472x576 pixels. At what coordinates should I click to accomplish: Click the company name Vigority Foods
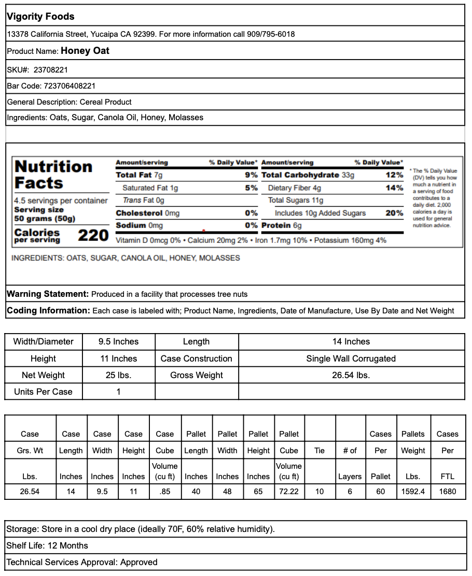40,17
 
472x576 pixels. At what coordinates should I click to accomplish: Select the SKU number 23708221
51,69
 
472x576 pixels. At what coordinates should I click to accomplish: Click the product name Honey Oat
85,51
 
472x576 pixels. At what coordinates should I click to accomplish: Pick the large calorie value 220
93,236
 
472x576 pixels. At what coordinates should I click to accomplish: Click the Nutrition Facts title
53,175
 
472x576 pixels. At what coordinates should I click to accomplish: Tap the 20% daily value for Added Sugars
394,213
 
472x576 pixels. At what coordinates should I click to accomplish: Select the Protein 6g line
282,225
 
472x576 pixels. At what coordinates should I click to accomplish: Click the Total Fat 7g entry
139,175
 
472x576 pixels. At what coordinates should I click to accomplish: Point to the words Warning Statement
48,294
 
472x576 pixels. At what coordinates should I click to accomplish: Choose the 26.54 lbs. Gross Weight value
351,375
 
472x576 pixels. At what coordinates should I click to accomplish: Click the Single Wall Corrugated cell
351,358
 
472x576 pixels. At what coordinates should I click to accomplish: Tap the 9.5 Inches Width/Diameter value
118,342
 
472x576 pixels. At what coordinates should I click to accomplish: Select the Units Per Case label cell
43,392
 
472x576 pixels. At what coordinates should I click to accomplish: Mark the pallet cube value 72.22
289,491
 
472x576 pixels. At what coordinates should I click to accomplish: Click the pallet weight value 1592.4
413,491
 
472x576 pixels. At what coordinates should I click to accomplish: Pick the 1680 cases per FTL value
447,491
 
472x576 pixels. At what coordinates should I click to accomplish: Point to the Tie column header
320,451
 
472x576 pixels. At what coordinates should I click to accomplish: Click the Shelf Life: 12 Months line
47,545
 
